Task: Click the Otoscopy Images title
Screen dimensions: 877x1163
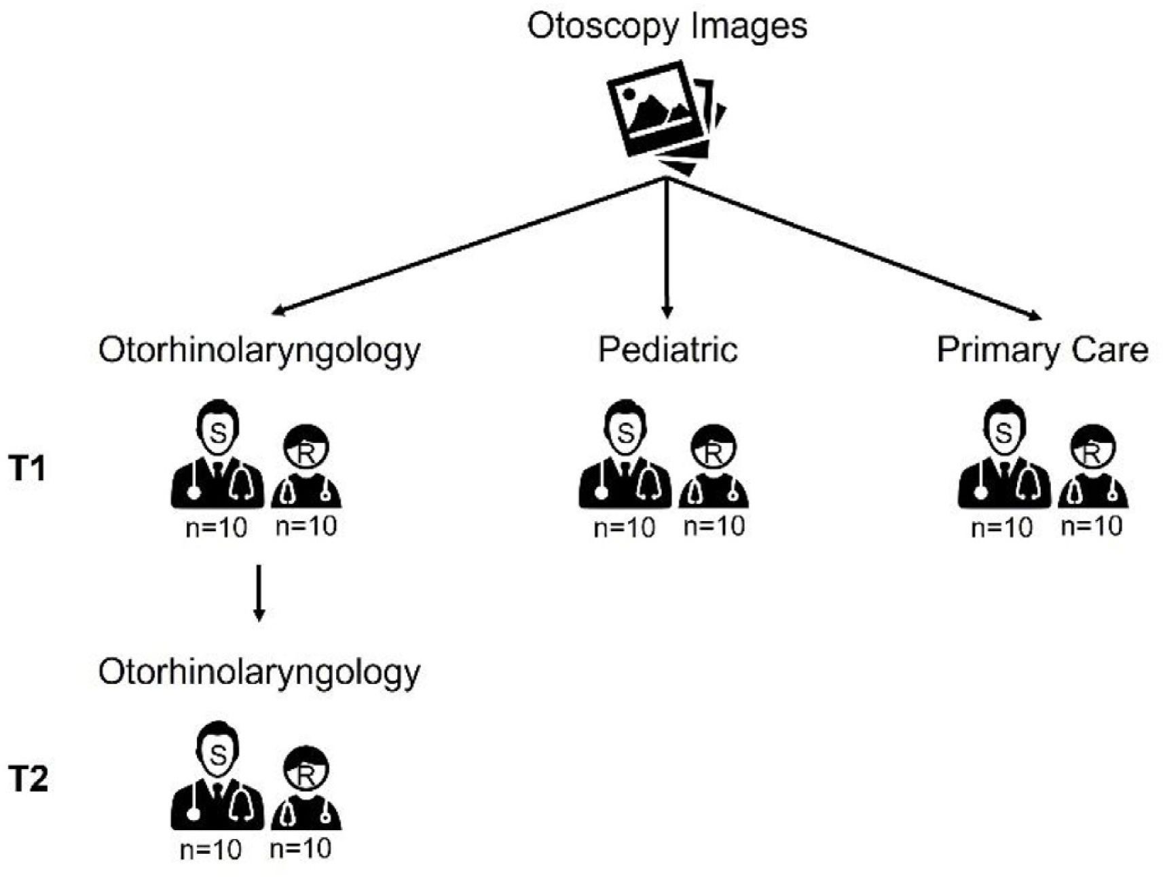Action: click(667, 26)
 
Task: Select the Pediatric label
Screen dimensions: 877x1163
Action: click(667, 351)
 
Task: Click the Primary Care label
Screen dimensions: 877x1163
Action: click(1041, 351)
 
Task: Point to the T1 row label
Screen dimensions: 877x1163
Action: click(29, 468)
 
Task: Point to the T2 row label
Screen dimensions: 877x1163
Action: click(29, 778)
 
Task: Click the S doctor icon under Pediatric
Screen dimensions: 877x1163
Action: click(625, 455)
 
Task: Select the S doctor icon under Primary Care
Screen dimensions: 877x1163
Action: click(1004, 455)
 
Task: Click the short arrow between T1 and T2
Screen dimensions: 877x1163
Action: click(259, 592)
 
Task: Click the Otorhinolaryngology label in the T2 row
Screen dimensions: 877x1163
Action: click(259, 672)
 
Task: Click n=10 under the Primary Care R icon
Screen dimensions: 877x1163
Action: click(1092, 526)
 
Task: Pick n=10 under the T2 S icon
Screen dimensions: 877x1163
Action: click(210, 849)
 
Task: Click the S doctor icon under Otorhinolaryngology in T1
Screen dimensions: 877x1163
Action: click(217, 455)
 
